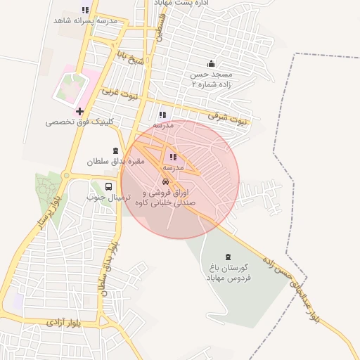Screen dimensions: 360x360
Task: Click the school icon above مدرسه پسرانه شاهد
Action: point(85,10)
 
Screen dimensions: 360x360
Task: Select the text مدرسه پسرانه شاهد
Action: point(85,20)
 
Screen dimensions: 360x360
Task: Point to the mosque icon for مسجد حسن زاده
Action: point(211,64)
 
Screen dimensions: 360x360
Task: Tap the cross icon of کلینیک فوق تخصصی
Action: point(79,111)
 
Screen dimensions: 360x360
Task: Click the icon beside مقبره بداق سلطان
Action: point(115,150)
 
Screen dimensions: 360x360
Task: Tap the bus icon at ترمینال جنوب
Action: point(108,186)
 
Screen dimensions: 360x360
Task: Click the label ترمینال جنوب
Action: point(105,197)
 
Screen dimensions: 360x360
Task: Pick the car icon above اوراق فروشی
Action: point(166,181)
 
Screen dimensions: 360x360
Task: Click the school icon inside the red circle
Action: point(173,157)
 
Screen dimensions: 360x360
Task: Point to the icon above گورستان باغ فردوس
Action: point(228,257)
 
